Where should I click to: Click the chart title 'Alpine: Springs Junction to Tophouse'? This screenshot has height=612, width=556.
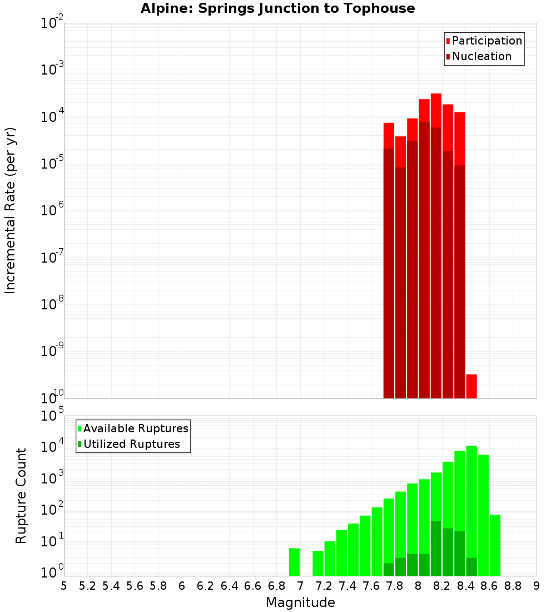coord(277,8)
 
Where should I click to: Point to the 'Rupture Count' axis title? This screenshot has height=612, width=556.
coord(21,496)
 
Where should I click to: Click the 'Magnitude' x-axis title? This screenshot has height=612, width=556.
coord(300,603)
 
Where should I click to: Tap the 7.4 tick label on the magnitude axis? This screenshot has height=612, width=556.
coord(348,586)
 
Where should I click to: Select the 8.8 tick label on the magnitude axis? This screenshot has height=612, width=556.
coord(513,586)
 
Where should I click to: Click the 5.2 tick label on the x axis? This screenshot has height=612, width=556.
coord(87,586)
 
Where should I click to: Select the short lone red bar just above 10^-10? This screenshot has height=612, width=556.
coord(471,386)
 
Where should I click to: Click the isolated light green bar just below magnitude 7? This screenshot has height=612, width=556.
coord(294,562)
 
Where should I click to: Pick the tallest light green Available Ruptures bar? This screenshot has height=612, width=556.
coord(471,501)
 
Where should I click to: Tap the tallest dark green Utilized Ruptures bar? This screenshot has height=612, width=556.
coord(436,548)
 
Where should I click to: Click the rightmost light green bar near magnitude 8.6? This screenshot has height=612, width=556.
coord(495,545)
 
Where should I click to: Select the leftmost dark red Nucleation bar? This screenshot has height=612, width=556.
coord(389,273)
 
